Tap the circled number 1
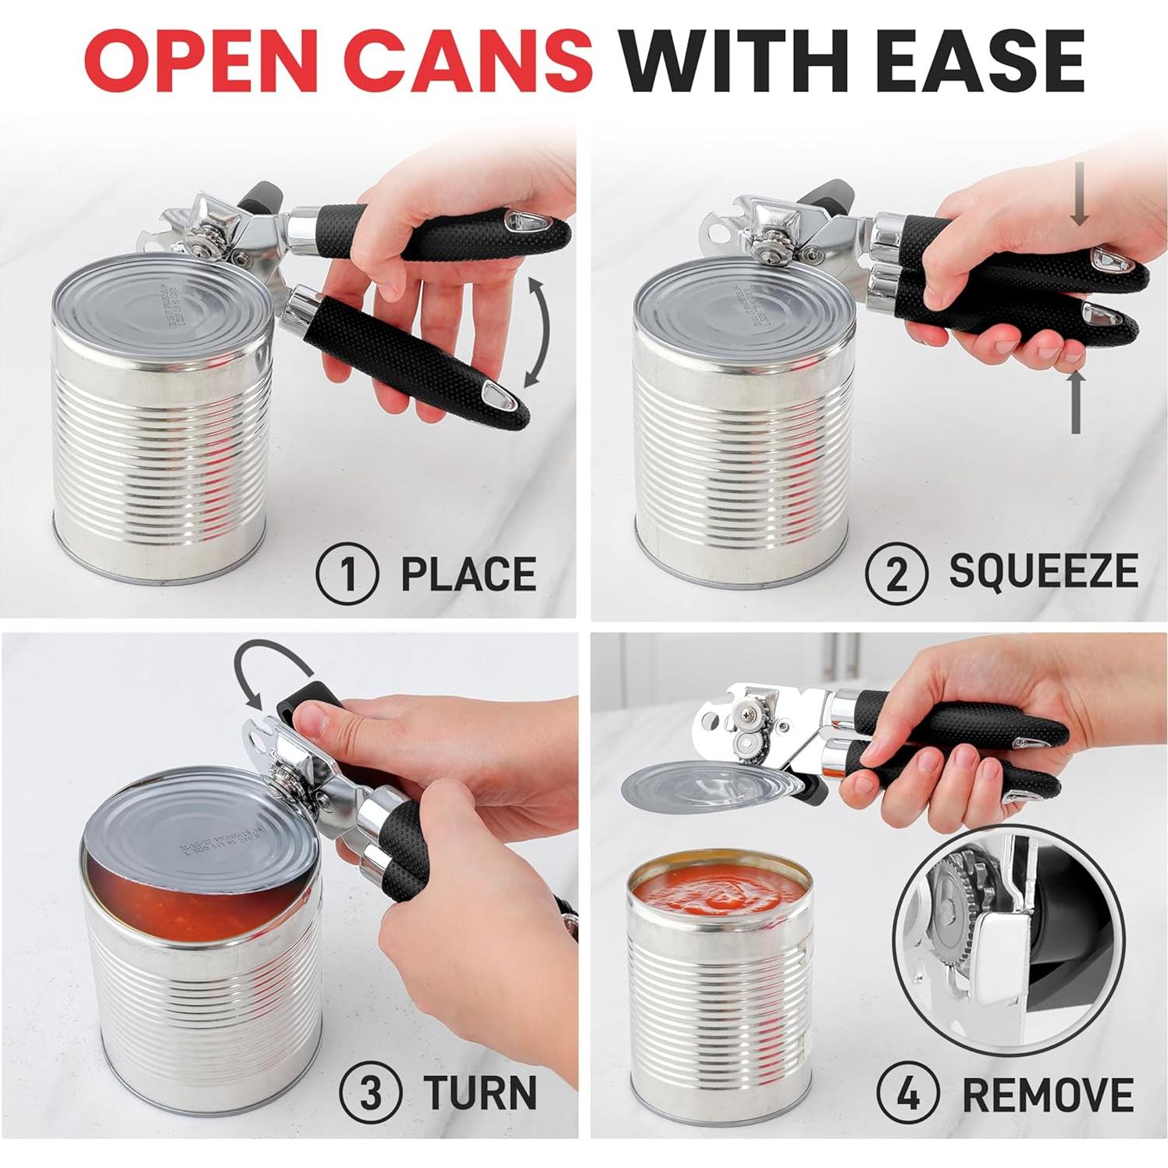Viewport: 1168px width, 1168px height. [x=347, y=575]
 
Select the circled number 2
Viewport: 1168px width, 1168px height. [x=896, y=575]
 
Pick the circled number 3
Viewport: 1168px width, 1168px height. [x=371, y=1091]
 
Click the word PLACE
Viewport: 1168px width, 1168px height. [x=468, y=575]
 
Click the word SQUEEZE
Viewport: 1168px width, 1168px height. [x=1043, y=573]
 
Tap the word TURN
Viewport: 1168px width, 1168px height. [x=480, y=1091]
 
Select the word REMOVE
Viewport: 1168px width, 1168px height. [x=1048, y=1093]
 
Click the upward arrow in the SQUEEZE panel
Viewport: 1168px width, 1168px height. [x=1076, y=401]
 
